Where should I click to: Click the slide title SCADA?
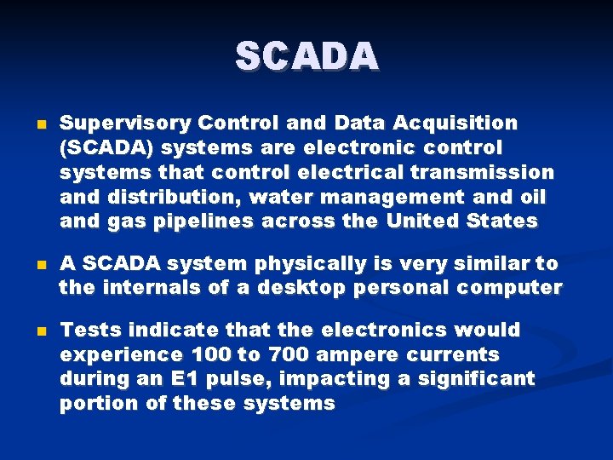point(306,57)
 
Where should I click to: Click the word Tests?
point(90,329)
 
